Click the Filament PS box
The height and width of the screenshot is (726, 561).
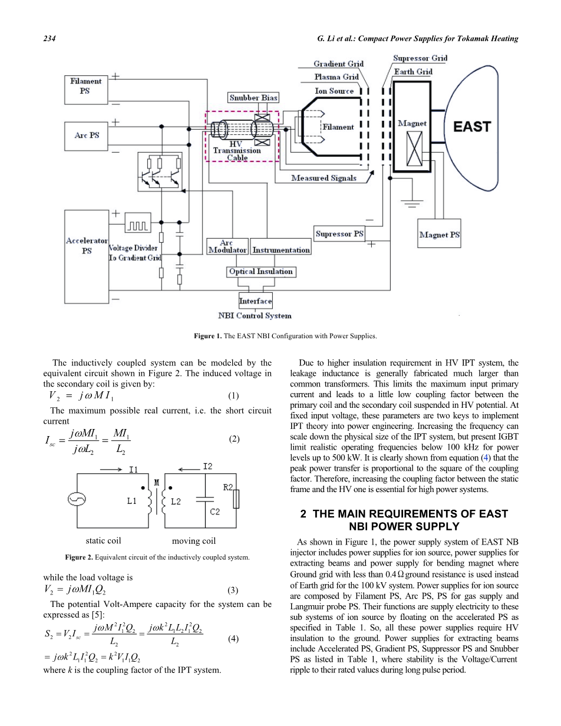pyautogui.click(x=86, y=90)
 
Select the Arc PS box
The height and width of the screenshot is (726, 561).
pyautogui.click(x=86, y=136)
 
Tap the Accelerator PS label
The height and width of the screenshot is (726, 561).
pyautogui.click(x=87, y=246)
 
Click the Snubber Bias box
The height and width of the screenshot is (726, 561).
pyautogui.click(x=253, y=98)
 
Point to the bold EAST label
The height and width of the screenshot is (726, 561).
pyautogui.click(x=472, y=127)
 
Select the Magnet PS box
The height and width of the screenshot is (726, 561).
pyautogui.click(x=439, y=233)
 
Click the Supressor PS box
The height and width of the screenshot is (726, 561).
pyautogui.click(x=339, y=233)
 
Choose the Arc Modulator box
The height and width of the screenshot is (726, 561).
pyautogui.click(x=227, y=246)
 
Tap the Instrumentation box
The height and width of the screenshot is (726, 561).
pyautogui.click(x=280, y=246)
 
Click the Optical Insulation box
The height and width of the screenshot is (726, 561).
pyautogui.click(x=261, y=272)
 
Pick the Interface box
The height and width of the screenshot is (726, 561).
pyautogui.click(x=256, y=301)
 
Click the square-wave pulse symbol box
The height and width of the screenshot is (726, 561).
pyautogui.click(x=138, y=223)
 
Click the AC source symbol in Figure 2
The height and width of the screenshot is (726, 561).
pyautogui.click(x=77, y=499)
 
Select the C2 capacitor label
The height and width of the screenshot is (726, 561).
pyautogui.click(x=215, y=511)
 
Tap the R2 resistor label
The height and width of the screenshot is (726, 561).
pyautogui.click(x=228, y=487)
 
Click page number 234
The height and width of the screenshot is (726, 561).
pyautogui.click(x=49, y=38)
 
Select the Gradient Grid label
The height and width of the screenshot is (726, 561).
pyautogui.click(x=338, y=64)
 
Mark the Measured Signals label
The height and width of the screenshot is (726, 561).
pyautogui.click(x=324, y=178)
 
